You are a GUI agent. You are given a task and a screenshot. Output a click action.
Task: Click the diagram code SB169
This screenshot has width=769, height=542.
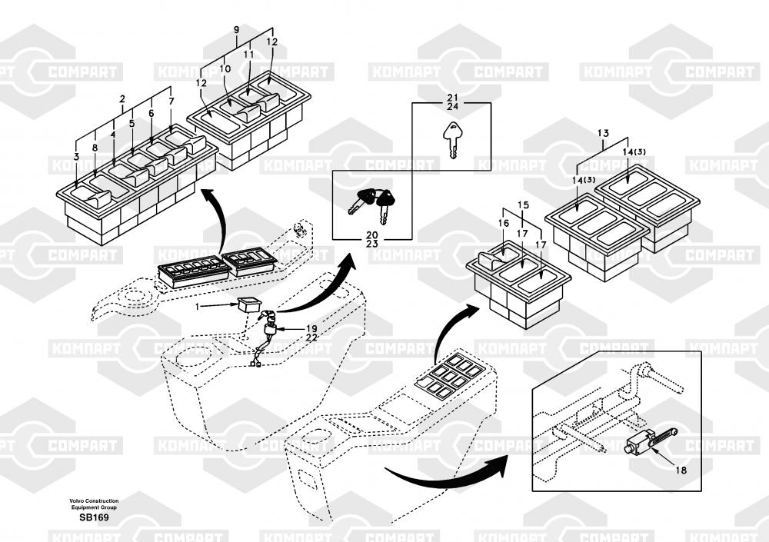pyautogui.click(x=95, y=517)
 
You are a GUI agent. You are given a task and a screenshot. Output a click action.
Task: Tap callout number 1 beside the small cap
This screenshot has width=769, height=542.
pyautogui.click(x=197, y=306)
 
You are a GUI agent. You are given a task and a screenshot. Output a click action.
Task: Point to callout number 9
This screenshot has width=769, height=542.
pyautogui.click(x=236, y=30)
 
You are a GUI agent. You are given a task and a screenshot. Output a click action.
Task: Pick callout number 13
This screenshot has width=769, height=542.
pyautogui.click(x=603, y=134)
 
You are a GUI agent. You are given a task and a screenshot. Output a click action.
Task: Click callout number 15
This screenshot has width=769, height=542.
pyautogui.click(x=523, y=205)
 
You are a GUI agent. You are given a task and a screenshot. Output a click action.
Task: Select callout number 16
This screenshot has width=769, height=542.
pyautogui.click(x=504, y=223)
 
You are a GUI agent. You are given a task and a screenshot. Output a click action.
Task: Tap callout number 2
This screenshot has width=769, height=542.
pyautogui.click(x=122, y=99)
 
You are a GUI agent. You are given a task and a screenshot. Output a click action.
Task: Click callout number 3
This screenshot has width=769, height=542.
pyautogui.click(x=76, y=158)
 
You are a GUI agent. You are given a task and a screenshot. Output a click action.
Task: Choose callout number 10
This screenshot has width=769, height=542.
pyautogui.click(x=225, y=69)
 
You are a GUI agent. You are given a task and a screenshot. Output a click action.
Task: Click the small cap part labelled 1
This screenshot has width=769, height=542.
pyautogui.click(x=248, y=302)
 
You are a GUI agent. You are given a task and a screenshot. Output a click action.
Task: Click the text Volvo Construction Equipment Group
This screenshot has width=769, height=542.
pyautogui.click(x=95, y=504)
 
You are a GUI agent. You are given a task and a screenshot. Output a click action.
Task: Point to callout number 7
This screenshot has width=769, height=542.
pyautogui.click(x=171, y=101)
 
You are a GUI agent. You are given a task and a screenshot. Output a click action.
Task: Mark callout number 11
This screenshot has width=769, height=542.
pyautogui.click(x=248, y=55)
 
